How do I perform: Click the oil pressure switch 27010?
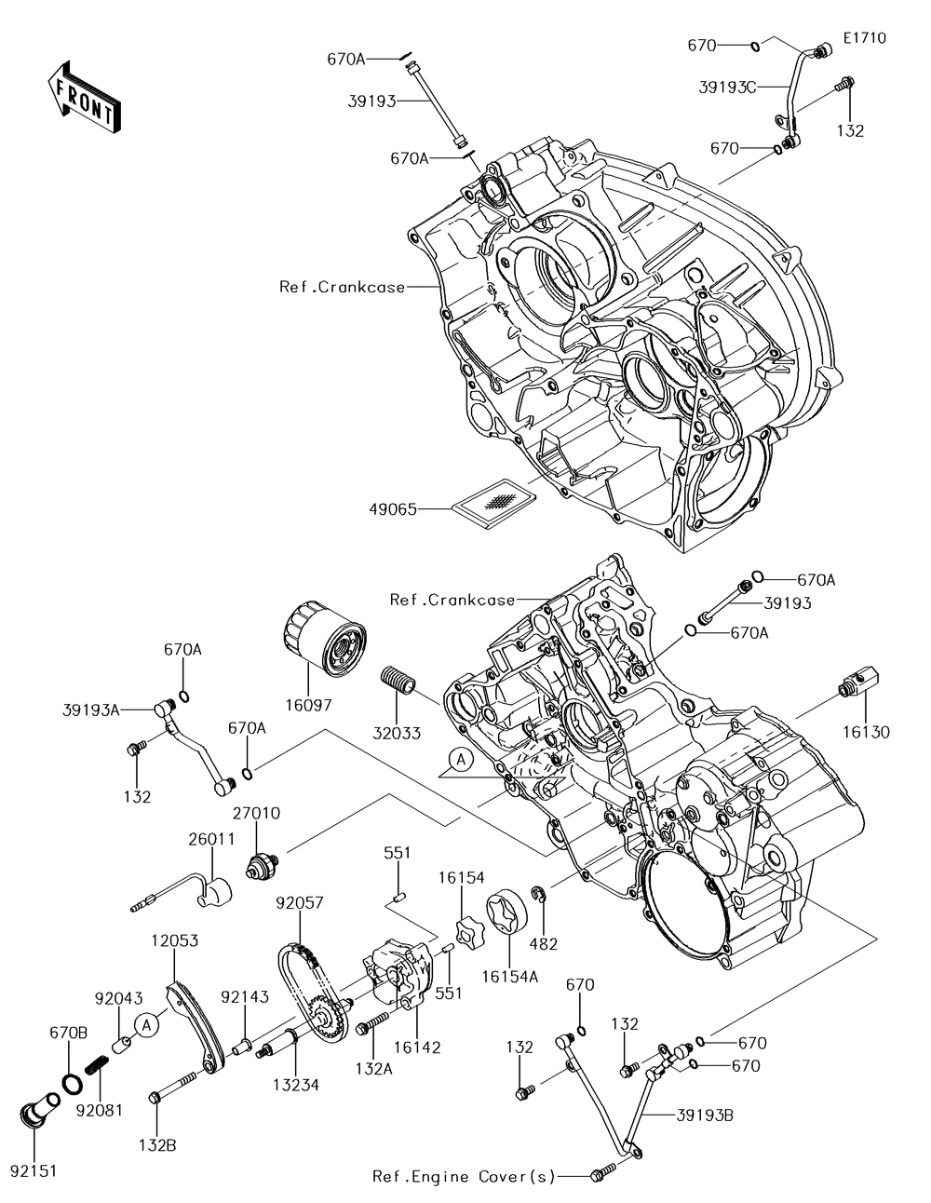(x=263, y=866)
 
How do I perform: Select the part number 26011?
(x=212, y=839)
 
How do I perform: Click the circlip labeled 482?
(x=539, y=894)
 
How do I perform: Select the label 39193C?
(x=727, y=87)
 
